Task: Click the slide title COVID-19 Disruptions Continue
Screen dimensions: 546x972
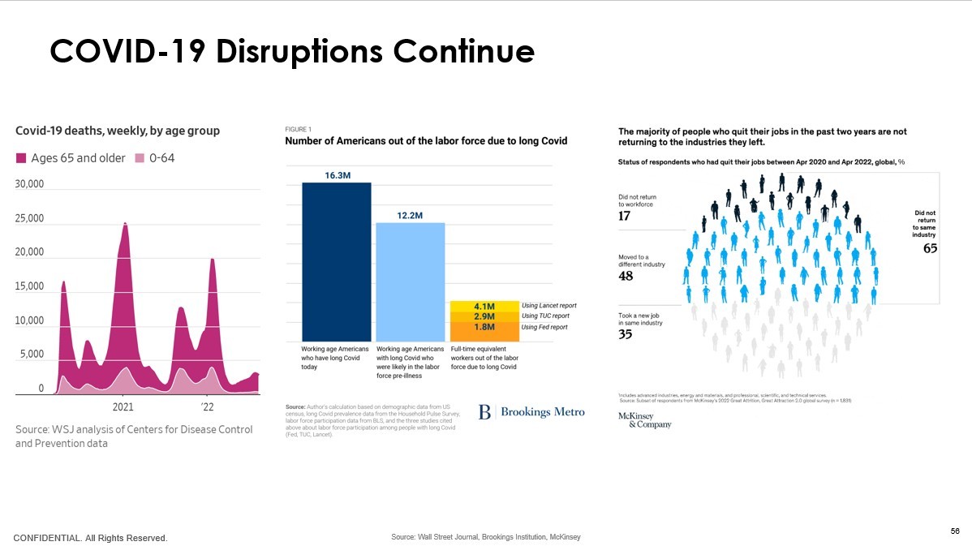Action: [292, 51]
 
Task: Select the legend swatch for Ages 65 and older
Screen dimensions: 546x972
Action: [22, 158]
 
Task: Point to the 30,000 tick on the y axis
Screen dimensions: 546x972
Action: [30, 185]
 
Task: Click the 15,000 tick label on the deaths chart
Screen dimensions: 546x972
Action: [30, 287]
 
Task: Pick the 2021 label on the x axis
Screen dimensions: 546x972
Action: [123, 407]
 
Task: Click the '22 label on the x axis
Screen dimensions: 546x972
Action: [207, 407]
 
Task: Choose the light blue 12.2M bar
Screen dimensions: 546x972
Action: [410, 281]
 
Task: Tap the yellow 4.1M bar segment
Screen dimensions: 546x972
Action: [484, 306]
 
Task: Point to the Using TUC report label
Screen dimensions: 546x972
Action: [545, 316]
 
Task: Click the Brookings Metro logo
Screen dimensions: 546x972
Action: [531, 412]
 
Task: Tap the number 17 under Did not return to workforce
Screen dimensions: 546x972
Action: [625, 216]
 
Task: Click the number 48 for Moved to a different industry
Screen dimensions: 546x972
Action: [626, 277]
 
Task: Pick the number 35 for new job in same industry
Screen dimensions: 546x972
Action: [626, 334]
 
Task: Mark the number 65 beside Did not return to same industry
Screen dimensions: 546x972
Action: [930, 248]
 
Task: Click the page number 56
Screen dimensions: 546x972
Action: [955, 531]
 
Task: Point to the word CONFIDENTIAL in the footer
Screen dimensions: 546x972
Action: [48, 538]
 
